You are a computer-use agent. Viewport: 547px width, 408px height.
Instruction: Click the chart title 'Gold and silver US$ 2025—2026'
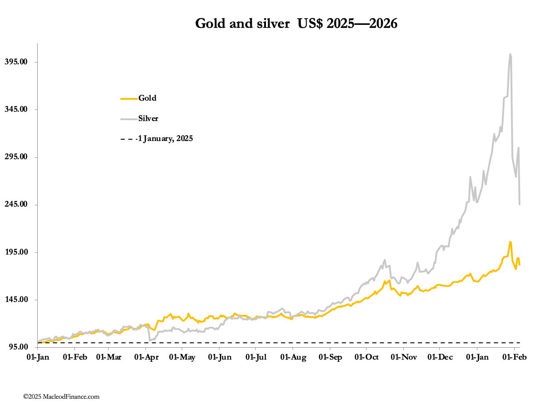296,24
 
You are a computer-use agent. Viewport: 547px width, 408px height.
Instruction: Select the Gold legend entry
147,98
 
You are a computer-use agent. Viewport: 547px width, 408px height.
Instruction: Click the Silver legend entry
148,118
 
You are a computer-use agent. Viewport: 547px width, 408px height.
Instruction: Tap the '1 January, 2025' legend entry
165,139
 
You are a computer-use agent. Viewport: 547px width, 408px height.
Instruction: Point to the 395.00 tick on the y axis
20,62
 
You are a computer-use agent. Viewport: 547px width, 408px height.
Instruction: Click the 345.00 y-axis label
20,109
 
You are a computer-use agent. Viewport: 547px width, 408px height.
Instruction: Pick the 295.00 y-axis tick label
20,157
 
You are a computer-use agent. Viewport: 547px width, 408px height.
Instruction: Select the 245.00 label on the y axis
20,204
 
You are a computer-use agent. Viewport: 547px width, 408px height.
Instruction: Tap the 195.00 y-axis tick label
20,252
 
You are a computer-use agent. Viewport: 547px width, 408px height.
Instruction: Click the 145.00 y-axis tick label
20,300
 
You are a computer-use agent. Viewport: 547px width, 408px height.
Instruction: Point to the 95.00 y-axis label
22,347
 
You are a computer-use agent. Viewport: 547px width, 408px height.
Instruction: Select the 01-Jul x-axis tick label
256,357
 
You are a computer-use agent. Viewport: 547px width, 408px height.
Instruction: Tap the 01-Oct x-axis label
366,357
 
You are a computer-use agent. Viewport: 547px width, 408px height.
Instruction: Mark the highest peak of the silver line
510,55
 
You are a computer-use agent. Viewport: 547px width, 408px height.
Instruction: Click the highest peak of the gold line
510,242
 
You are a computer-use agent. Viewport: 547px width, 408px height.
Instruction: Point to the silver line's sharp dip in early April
150,340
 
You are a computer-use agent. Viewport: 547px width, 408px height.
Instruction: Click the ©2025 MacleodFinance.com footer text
61,396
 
